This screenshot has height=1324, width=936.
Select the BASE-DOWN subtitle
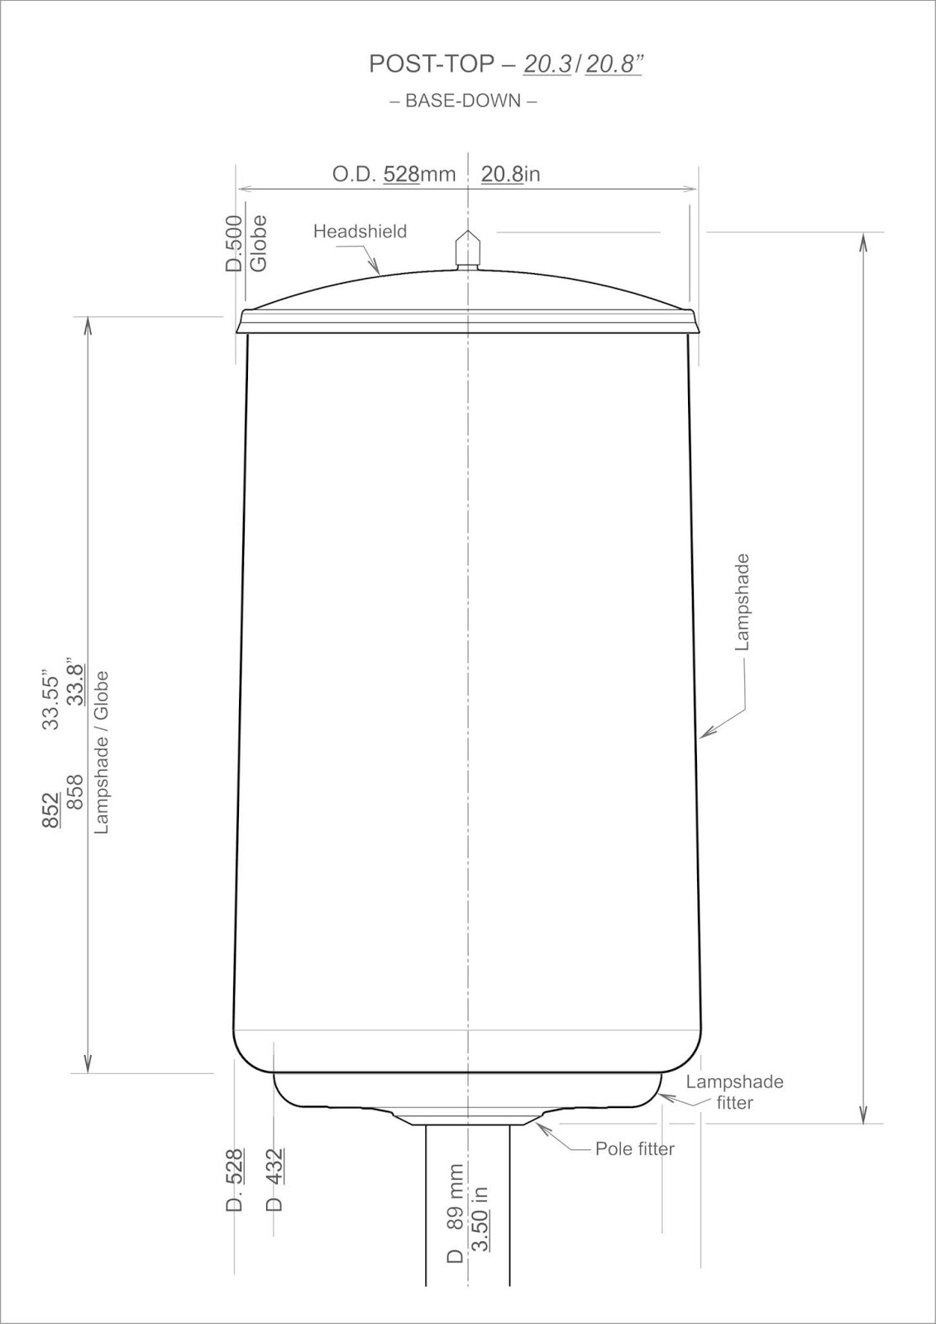463,101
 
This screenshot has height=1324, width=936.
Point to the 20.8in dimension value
510,174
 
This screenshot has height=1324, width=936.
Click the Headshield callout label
360,232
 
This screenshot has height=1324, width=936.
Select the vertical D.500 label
235,243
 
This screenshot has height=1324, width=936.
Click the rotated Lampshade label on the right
743,602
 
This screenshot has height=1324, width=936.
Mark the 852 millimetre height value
51,809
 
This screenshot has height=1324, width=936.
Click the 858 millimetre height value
75,792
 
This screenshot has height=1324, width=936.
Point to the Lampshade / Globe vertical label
102,751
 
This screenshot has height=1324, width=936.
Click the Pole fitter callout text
634,1149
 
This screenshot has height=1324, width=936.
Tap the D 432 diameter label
277,1179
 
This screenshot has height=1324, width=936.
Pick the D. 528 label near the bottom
235,1180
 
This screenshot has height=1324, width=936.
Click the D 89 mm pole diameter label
456,1226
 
